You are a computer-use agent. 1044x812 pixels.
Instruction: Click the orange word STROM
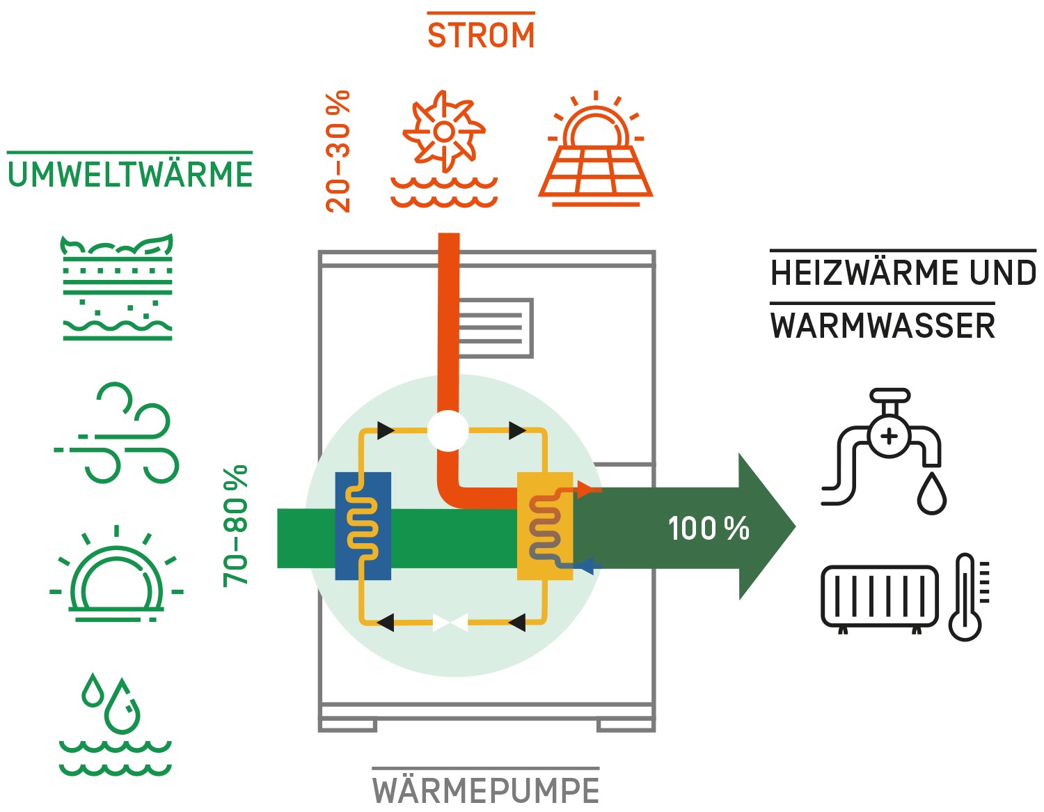coord(481,36)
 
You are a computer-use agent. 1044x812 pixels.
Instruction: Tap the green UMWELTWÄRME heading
coord(130,175)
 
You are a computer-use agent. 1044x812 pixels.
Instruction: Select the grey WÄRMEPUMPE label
coord(485,790)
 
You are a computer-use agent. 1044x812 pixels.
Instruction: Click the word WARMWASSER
coord(883,326)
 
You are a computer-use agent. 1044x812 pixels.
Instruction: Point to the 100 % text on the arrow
coord(708,529)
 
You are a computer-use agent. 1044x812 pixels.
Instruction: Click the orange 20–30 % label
coord(338,151)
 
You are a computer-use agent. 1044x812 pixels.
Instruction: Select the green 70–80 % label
coord(235,526)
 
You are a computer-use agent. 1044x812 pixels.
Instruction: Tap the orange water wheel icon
coord(444,150)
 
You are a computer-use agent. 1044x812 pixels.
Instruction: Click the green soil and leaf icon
coord(117,287)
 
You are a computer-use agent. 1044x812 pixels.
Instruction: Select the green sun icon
coord(116,575)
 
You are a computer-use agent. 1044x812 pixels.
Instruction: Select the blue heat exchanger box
coord(363,526)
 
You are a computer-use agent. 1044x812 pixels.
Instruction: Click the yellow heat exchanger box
coord(544,526)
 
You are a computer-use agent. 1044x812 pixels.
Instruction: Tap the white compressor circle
coord(448,430)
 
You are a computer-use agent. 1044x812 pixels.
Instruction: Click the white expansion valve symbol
coord(450,622)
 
